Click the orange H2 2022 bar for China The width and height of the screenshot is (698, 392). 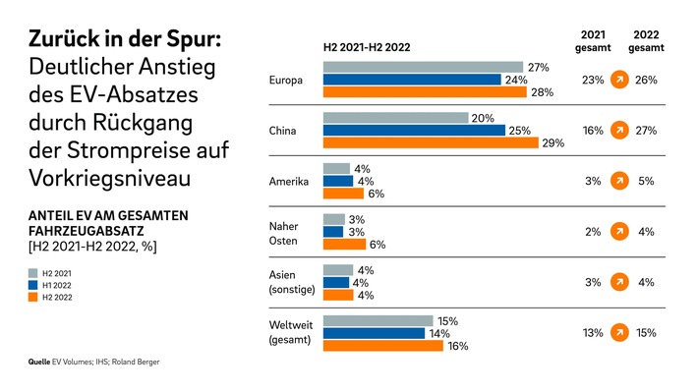click(x=431, y=143)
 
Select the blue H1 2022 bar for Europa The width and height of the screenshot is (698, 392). click(x=413, y=80)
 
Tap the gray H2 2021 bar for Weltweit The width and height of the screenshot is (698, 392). click(x=378, y=320)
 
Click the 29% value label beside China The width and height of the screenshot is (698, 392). click(x=553, y=143)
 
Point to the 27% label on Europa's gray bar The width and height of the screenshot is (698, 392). click(x=538, y=67)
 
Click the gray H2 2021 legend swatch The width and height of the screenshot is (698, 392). click(x=32, y=272)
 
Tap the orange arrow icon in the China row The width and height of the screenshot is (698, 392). click(x=618, y=130)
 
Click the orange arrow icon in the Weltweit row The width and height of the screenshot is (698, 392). click(x=618, y=333)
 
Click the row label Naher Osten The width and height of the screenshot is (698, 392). click(x=285, y=233)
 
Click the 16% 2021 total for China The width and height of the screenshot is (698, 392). click(x=593, y=131)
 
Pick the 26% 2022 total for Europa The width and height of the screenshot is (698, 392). click(x=645, y=80)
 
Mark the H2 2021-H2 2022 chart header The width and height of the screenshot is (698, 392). click(x=367, y=46)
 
